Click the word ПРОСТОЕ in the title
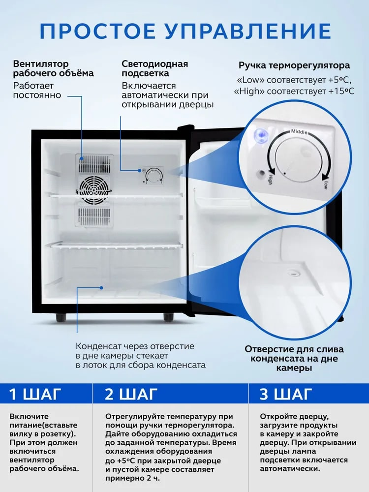pos(97,31)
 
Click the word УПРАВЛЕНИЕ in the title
pos(247,31)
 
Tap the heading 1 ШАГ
pos(34,394)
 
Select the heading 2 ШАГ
pos(131,394)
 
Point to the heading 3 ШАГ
pos(286,394)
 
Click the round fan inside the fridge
pos(93,189)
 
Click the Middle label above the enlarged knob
pos(299,131)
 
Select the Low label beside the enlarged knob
pos(326,185)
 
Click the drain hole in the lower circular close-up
pos(295,273)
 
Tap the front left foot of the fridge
pos(61,317)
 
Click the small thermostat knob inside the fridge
pos(154,176)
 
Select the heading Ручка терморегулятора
pos(294,65)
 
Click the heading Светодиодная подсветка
pos(154,68)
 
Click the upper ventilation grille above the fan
pos(94,163)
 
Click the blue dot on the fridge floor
pos(102,287)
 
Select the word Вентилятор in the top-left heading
pos(40,64)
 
